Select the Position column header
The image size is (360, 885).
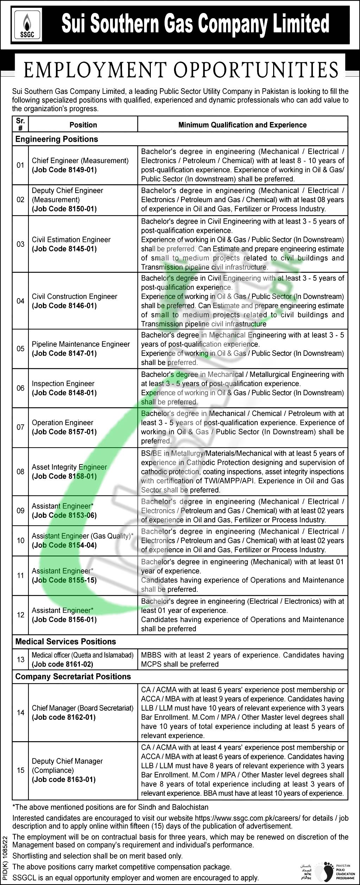[83, 125]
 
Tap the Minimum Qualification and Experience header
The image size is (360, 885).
[242, 125]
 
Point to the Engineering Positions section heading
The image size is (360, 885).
[57, 139]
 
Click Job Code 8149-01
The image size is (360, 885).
[64, 170]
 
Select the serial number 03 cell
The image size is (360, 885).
[20, 244]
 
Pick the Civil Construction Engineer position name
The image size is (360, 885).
[75, 296]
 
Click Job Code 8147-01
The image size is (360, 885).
[64, 353]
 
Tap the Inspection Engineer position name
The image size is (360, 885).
[63, 384]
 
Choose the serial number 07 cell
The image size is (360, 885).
[20, 427]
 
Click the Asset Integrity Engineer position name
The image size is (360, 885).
[69, 467]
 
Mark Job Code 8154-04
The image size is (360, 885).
[64, 545]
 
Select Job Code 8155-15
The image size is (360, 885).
[64, 580]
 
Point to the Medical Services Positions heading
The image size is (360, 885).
[65, 641]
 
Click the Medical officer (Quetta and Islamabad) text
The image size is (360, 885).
[83, 655]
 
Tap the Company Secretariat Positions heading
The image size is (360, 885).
[73, 676]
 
